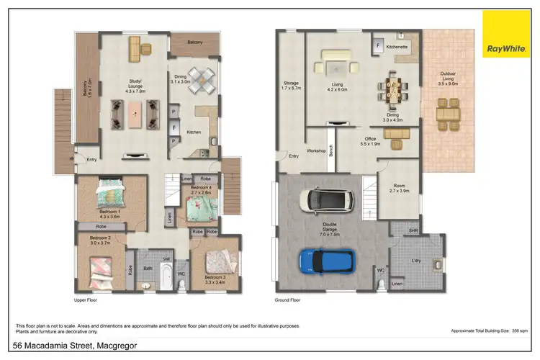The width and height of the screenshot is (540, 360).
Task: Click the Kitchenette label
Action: [397, 47]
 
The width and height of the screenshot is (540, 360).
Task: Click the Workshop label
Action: [316, 150]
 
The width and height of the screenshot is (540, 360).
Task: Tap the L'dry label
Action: [416, 260]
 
